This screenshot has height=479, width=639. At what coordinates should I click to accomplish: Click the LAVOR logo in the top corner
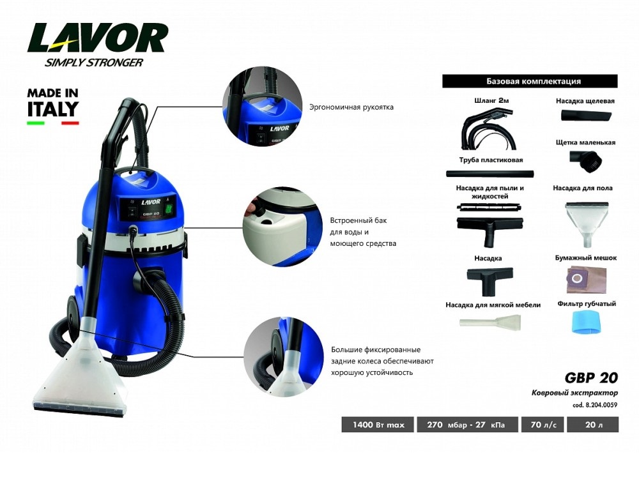[97, 44]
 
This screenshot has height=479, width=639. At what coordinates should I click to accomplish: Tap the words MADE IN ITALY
[53, 103]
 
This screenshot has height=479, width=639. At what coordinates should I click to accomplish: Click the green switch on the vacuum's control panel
[168, 209]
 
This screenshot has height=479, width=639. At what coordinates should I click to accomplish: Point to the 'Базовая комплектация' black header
[530, 81]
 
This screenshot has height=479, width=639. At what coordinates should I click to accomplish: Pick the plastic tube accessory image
[489, 174]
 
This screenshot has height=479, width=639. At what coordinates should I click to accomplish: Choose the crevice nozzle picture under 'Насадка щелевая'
[586, 116]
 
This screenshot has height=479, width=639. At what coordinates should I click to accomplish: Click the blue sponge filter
[586, 322]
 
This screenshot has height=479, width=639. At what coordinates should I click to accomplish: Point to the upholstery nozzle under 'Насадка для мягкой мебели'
[490, 322]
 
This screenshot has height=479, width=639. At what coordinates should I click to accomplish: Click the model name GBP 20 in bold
[591, 377]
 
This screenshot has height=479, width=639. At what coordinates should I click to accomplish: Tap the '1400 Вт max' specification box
[378, 425]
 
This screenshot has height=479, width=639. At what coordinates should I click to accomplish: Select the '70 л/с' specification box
[543, 425]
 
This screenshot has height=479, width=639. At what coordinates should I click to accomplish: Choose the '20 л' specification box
[594, 425]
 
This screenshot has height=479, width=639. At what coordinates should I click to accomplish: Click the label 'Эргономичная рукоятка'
[351, 107]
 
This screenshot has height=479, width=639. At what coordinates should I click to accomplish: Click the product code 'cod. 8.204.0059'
[595, 405]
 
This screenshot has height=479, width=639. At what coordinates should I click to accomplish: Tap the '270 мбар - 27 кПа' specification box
[467, 425]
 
